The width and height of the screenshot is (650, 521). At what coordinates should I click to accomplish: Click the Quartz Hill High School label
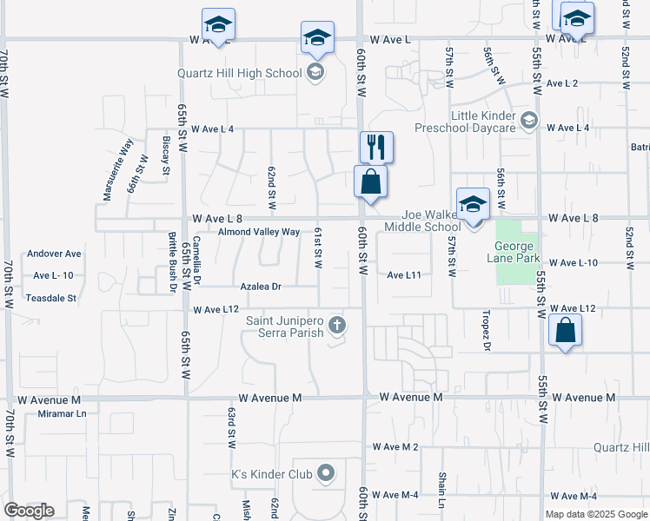click(239, 73)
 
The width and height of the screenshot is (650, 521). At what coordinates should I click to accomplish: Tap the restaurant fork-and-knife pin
click(376, 147)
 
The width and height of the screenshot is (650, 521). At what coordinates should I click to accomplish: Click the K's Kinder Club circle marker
click(326, 473)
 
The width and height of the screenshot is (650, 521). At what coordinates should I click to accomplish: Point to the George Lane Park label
click(518, 252)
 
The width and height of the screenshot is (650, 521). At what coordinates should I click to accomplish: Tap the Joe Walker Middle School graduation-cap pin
click(473, 205)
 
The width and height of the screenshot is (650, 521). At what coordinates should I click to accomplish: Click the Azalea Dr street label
click(262, 286)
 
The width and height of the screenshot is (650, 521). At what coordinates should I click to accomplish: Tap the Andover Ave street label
click(54, 254)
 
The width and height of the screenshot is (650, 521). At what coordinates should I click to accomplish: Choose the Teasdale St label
click(51, 297)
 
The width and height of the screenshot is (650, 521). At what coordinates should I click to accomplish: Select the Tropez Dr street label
click(487, 331)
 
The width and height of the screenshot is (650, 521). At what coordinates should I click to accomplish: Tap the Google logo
click(29, 511)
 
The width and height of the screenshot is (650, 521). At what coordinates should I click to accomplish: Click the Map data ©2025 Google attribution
click(595, 514)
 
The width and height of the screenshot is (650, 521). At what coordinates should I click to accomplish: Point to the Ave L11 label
click(404, 274)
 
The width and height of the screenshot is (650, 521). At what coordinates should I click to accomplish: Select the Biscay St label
click(165, 155)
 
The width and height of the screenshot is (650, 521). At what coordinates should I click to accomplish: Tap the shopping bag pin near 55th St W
click(565, 331)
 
